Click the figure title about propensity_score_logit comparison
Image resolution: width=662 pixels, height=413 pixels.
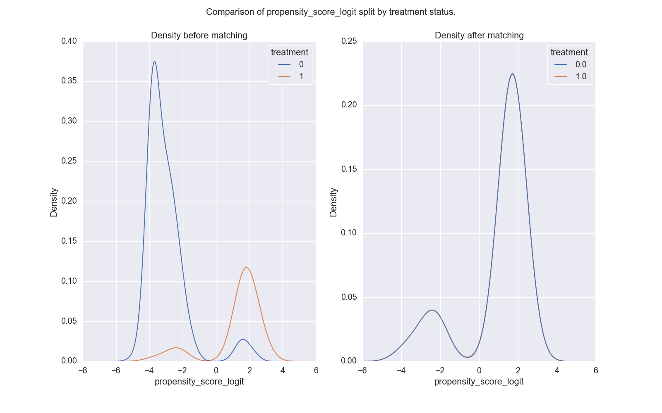click(331, 12)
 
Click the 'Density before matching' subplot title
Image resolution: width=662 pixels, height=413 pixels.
click(199, 36)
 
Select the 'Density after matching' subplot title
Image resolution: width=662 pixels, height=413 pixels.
click(479, 36)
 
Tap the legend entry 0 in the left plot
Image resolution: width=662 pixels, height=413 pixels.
click(301, 64)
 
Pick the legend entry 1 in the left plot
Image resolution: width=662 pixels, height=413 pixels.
click(301, 76)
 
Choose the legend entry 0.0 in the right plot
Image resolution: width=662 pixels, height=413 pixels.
click(580, 64)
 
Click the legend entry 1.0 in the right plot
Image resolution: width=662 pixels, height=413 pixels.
click(580, 76)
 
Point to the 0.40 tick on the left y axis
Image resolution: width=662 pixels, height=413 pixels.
click(69, 41)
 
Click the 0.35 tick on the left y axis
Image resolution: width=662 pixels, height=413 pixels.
click(69, 81)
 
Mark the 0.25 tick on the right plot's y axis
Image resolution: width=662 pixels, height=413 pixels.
click(349, 41)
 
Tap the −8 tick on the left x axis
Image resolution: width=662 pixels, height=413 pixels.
click(83, 370)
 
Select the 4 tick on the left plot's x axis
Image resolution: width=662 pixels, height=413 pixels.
click(283, 370)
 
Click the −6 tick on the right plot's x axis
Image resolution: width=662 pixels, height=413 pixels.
click(362, 370)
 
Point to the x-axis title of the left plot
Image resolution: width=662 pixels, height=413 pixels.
click(199, 382)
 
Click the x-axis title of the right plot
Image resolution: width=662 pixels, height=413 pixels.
click(479, 382)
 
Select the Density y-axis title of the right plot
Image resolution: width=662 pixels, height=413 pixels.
click(333, 202)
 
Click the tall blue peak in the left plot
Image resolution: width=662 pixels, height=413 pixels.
click(154, 62)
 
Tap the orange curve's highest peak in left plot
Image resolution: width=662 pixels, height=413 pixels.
click(247, 268)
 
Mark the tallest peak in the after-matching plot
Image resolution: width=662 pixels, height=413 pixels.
click(513, 74)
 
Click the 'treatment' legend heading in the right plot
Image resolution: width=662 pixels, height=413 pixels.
click(569, 52)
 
